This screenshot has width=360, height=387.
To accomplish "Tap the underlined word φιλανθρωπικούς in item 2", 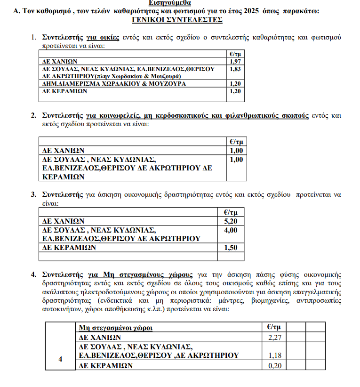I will [246, 115].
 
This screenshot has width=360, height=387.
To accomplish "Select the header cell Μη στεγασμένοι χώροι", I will [115, 328].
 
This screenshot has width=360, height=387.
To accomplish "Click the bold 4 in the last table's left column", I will [60, 360].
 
